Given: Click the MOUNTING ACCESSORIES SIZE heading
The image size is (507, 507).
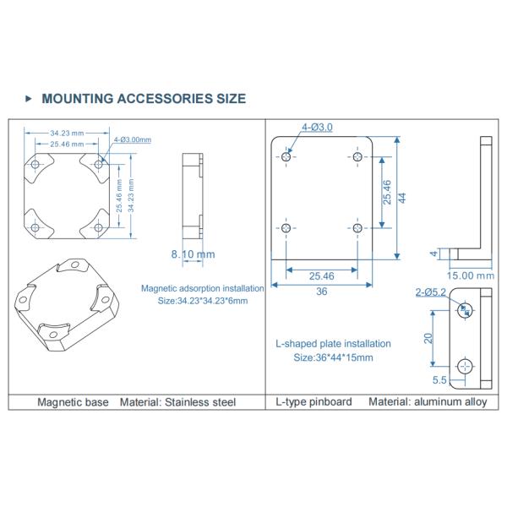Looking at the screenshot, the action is coord(144,99).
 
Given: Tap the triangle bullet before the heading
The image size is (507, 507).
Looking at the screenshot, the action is coord(29,98).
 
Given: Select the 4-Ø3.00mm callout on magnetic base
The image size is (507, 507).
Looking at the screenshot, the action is coord(133,139).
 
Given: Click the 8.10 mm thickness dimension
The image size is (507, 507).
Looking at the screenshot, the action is coord(193,254).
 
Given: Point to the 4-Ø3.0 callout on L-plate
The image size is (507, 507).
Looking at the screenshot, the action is coord(317,127).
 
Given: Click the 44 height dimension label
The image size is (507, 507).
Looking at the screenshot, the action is coord(402,198).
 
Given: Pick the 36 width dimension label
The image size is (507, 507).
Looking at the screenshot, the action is coord(321,292).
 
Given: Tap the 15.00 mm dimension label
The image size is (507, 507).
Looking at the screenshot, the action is coord(471,275).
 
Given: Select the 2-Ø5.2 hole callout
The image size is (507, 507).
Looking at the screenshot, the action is coord(430,292).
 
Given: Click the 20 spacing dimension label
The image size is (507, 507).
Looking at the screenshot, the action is coord(428,338).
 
